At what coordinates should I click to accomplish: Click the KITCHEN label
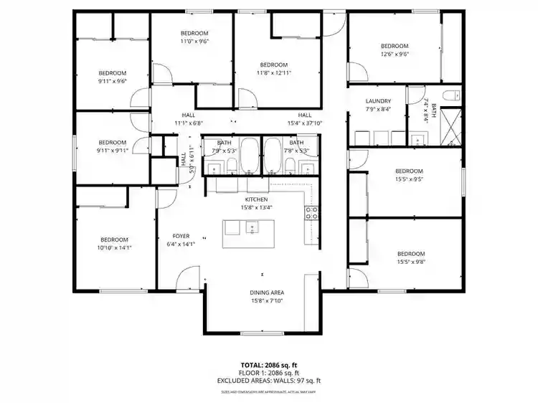pyautogui.click(x=256, y=199)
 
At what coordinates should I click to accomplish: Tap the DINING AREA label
pyautogui.click(x=267, y=293)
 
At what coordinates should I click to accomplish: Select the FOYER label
pyautogui.click(x=181, y=236)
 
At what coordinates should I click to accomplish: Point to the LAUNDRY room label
pyautogui.click(x=377, y=101)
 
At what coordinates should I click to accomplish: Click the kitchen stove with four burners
pyautogui.click(x=313, y=212)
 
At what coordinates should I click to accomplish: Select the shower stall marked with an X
pyautogui.click(x=450, y=126)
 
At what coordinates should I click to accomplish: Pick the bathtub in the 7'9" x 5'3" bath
pyautogui.click(x=249, y=155)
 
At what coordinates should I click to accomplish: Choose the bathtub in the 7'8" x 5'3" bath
pyautogui.click(x=273, y=155)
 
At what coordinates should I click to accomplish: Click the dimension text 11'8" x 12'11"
pyautogui.click(x=273, y=72)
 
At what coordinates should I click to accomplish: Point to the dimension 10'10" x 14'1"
pyautogui.click(x=113, y=248)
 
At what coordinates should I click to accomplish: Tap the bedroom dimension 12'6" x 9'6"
pyautogui.click(x=394, y=54)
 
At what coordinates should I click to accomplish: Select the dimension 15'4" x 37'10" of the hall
pyautogui.click(x=305, y=123)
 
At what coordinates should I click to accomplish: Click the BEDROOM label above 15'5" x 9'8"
pyautogui.click(x=410, y=254)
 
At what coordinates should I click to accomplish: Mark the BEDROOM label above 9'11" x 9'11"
pyautogui.click(x=112, y=142)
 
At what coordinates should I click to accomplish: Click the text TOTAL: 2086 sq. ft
pyautogui.click(x=269, y=365)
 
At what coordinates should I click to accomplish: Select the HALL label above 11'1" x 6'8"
pyautogui.click(x=189, y=115)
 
